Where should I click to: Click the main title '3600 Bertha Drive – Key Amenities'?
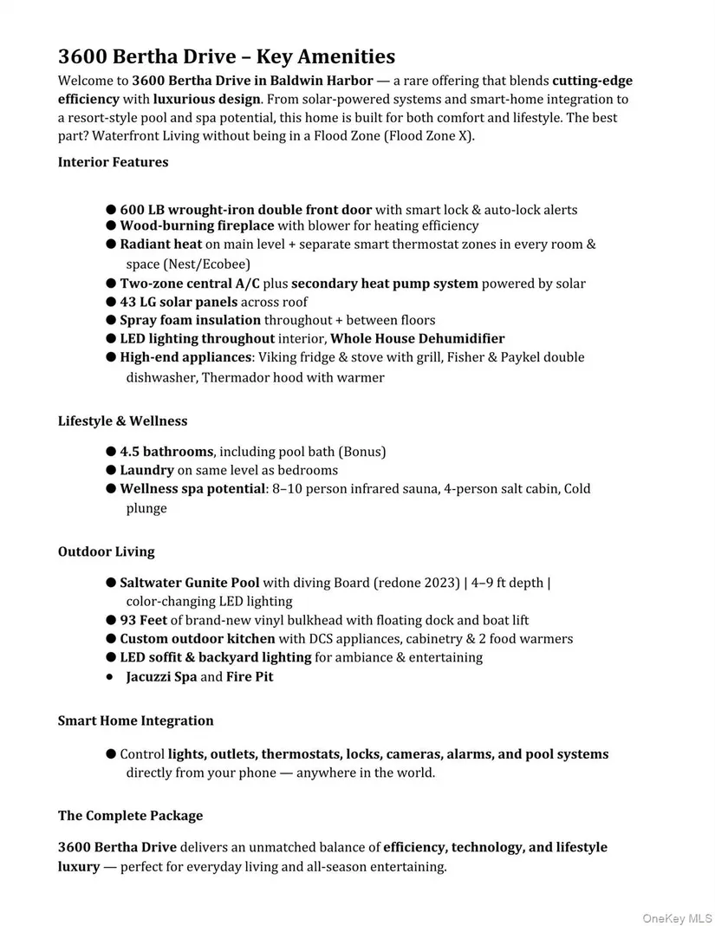click(226, 57)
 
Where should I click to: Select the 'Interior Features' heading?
click(113, 162)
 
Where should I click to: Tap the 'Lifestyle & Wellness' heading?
click(122, 421)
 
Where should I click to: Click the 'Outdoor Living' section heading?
click(106, 551)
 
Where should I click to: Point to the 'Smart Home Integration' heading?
click(135, 721)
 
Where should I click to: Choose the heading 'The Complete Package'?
click(130, 816)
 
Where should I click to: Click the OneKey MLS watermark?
click(677, 916)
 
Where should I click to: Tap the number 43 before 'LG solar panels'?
click(129, 302)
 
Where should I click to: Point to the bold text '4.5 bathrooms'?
click(166, 452)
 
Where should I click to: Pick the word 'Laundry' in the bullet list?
click(146, 470)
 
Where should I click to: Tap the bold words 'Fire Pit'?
click(250, 676)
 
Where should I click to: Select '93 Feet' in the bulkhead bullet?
click(143, 620)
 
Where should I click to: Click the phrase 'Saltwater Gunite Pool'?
click(189, 583)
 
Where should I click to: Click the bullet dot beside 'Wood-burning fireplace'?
click(111, 225)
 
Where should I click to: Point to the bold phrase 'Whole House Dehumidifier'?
click(417, 339)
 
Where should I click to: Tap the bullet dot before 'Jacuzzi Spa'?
click(110, 676)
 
